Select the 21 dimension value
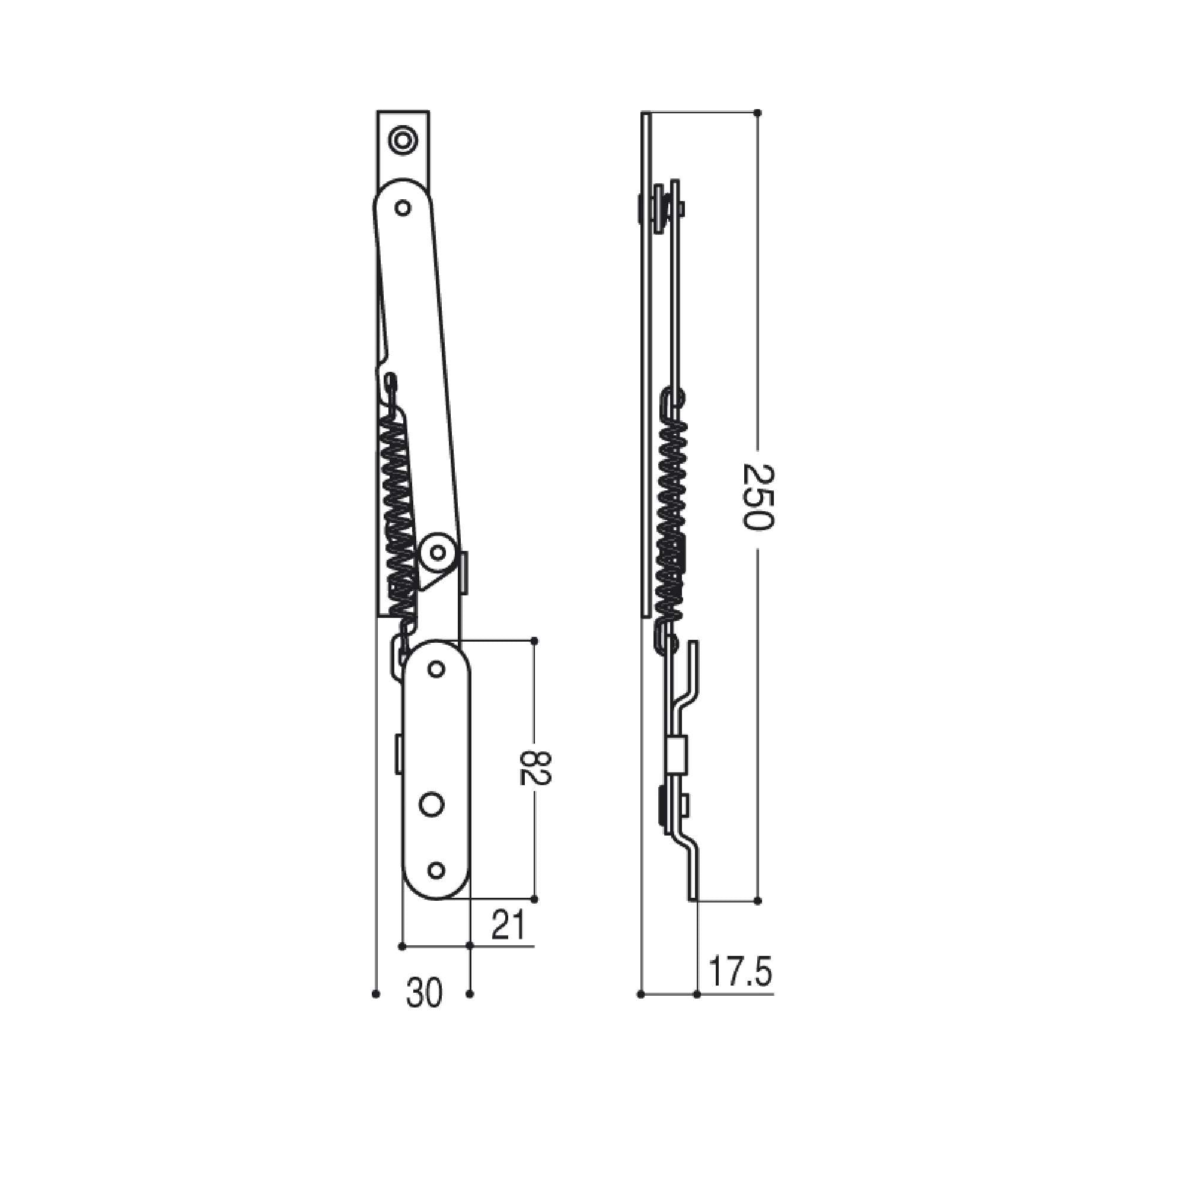(509, 926)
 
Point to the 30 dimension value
(423, 994)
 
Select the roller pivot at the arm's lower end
(437, 553)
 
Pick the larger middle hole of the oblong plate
(432, 804)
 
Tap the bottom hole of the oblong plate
(436, 870)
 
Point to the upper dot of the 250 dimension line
(757, 113)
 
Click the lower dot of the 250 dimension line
(757, 901)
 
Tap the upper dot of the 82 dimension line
(534, 641)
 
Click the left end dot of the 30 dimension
(376, 994)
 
